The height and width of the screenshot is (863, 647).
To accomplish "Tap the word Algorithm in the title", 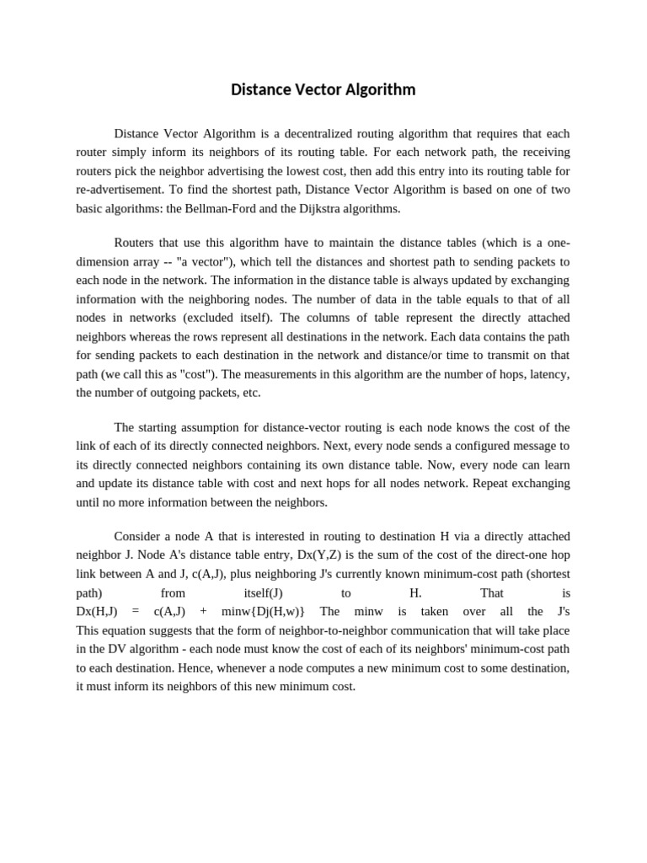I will click(x=379, y=89).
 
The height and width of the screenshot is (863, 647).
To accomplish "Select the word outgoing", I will click(x=184, y=392).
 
